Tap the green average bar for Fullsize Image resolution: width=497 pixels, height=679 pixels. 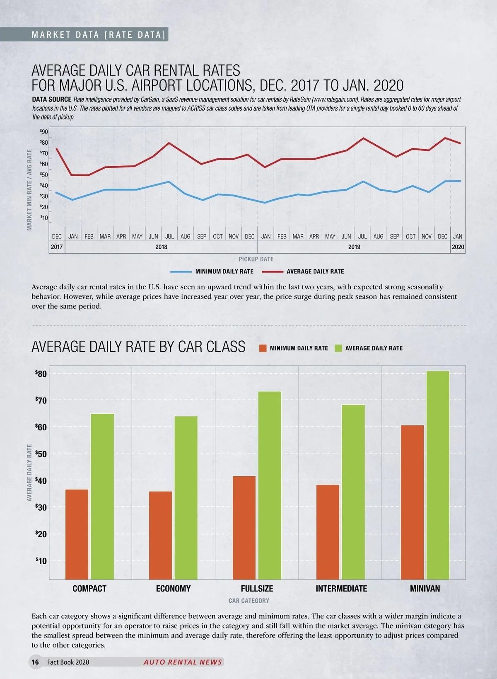(270, 485)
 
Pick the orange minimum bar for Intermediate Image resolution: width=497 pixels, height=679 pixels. (328, 532)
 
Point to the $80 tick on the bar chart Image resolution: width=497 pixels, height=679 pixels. (41, 374)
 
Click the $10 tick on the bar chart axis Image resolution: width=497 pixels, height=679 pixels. (41, 561)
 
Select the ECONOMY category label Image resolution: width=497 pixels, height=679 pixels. (173, 589)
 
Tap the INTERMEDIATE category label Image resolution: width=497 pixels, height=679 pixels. (341, 589)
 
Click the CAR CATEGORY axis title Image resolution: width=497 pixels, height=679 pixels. (248, 601)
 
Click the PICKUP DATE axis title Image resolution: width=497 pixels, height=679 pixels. (256, 259)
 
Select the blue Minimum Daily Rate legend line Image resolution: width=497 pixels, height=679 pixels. (181, 272)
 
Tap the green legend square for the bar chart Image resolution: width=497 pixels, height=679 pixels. (338, 348)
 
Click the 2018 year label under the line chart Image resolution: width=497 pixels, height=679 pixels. (161, 247)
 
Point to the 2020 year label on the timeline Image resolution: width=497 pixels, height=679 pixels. (458, 247)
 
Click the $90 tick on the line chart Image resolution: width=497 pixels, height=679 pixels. (44, 132)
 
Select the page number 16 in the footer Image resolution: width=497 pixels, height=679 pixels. (35, 662)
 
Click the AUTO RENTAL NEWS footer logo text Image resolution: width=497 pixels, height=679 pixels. (183, 662)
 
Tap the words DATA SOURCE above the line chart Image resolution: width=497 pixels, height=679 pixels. (52, 99)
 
